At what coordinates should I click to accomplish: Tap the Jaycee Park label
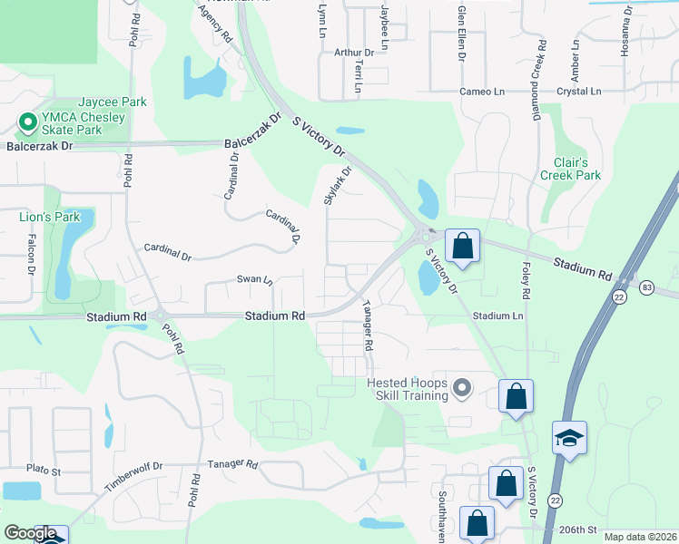coord(113,102)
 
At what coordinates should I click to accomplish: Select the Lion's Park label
coord(50,217)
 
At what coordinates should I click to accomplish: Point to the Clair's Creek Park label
coord(570,168)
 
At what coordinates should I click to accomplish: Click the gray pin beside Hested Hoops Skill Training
coord(462,389)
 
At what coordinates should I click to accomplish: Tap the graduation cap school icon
coord(569,438)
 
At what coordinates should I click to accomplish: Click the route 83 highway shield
coord(646,287)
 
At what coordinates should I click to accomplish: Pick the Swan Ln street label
coord(255,280)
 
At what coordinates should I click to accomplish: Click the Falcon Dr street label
coord(30,255)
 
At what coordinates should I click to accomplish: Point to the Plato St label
coord(44,471)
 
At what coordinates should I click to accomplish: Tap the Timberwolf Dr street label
coord(133,475)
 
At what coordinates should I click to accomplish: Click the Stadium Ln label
coord(497,316)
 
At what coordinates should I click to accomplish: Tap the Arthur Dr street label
coord(354,53)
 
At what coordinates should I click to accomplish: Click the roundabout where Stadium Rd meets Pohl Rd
coord(161,316)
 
